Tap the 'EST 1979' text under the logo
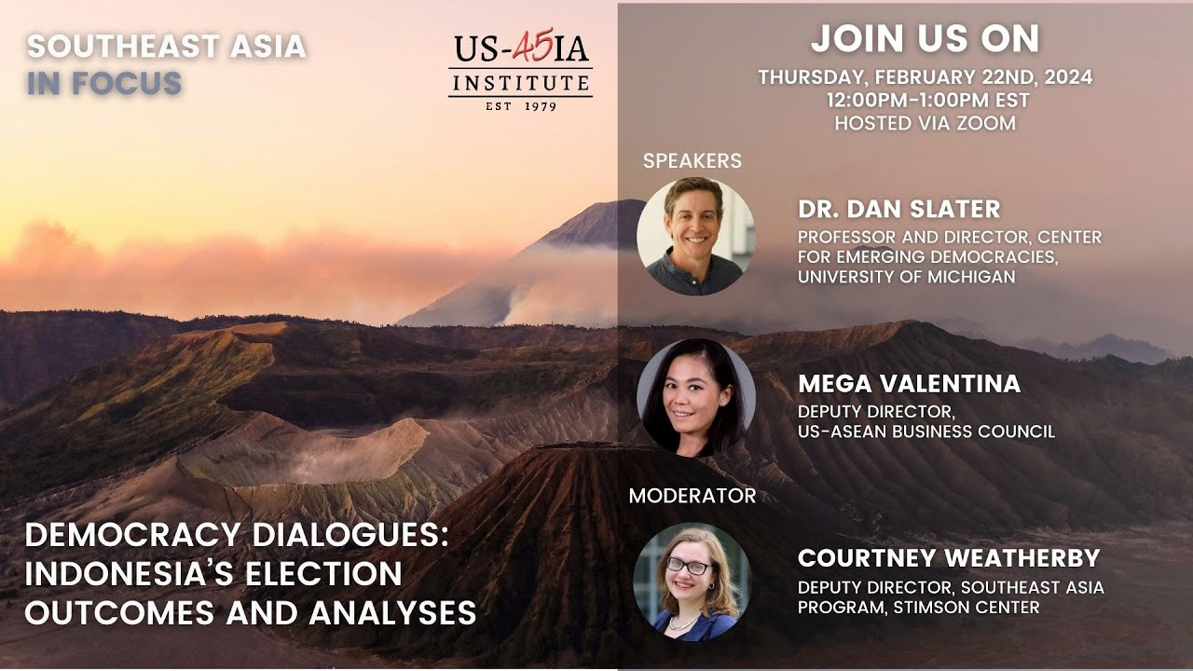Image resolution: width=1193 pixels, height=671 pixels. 520,106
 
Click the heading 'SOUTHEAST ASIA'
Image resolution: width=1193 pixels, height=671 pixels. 166,46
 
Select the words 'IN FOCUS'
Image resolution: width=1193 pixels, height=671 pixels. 103,83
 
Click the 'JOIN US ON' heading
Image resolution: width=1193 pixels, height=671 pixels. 925,39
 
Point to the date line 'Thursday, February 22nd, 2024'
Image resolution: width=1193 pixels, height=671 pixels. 925,77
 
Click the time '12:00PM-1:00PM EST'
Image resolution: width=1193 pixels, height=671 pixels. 925,100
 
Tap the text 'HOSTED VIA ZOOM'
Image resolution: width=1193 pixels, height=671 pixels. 925,122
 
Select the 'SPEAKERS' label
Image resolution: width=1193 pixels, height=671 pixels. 692,160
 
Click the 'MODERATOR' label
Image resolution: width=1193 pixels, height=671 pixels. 692,496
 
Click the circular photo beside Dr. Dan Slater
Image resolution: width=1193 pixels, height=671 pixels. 695,237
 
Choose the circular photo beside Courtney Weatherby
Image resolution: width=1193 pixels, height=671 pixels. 692,582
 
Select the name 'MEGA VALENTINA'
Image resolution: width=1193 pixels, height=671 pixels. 909,383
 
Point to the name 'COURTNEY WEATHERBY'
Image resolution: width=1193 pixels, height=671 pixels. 949,558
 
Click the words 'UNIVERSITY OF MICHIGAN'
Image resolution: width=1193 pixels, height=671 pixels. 906,277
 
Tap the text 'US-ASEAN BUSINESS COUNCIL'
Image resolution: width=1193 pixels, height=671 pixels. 926,431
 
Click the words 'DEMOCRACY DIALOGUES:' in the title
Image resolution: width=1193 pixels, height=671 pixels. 237,535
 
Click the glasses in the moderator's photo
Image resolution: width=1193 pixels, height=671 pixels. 687,566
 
